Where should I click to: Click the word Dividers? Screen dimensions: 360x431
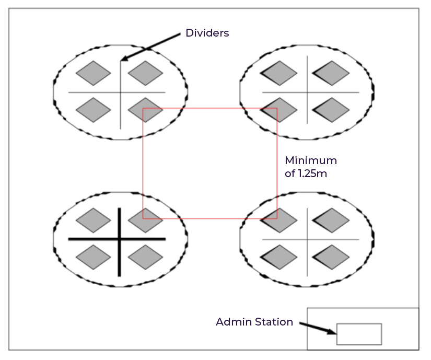tap(207, 33)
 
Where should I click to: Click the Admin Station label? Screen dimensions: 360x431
tap(254, 322)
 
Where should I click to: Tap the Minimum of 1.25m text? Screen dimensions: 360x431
tap(310, 167)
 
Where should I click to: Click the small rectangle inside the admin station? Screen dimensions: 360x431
tap(359, 334)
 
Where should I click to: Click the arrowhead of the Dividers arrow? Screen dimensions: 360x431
tap(123, 60)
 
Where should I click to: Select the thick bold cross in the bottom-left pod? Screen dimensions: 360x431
tap(120, 240)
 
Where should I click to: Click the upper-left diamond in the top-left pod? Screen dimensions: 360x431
tap(94, 73)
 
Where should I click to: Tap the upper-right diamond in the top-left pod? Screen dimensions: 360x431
tap(146, 73)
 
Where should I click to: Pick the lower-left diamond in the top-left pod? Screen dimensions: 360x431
tap(94, 110)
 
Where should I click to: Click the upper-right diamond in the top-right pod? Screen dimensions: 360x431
tap(331, 73)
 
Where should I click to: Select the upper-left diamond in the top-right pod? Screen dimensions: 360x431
tap(279, 73)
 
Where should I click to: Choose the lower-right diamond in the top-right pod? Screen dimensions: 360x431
tap(331, 110)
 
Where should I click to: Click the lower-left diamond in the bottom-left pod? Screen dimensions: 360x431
tap(94, 257)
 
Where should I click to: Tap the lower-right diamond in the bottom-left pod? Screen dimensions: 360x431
tap(146, 257)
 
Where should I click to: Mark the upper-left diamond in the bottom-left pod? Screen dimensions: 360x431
tap(94, 220)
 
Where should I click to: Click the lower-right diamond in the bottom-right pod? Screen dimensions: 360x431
tap(331, 257)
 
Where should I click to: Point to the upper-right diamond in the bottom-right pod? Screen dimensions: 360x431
tap(331, 220)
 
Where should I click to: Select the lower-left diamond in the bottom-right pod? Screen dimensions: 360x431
tap(279, 257)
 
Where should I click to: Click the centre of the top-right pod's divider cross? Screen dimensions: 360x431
tap(307, 92)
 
